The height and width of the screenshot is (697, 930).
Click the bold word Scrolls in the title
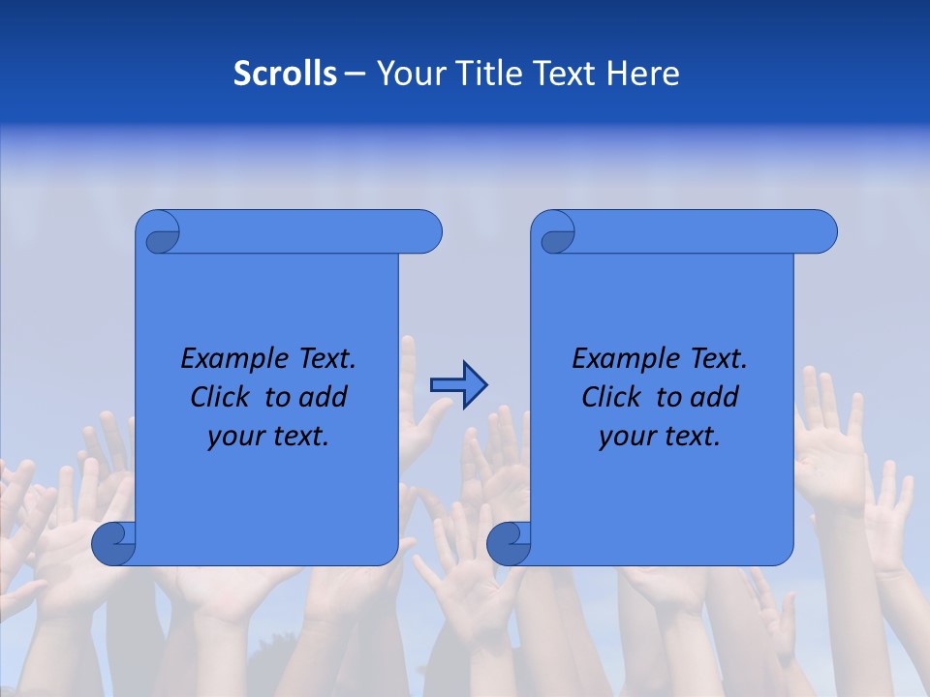(x=285, y=74)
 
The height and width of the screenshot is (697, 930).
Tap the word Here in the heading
(x=643, y=74)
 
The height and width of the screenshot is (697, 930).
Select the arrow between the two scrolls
(x=458, y=384)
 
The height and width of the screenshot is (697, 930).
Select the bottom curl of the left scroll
(x=114, y=543)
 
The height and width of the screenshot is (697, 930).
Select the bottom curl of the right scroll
(x=510, y=543)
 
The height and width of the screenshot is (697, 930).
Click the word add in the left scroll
(x=325, y=397)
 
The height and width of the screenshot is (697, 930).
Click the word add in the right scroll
(x=716, y=397)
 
